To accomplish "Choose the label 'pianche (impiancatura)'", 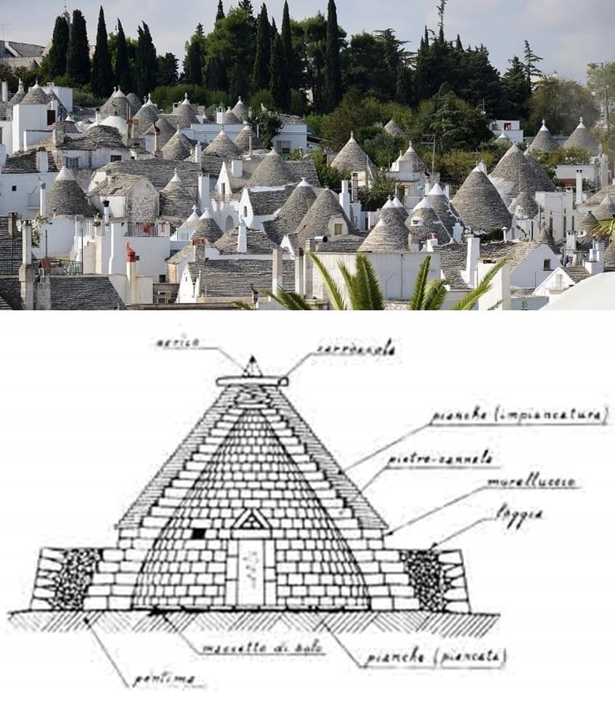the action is pos(518,416).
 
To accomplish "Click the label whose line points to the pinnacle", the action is pos(177,342).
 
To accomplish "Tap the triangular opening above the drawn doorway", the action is pos(251,520).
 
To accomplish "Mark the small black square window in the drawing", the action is pos(199,533).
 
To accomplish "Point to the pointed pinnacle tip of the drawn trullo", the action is pos(252,361).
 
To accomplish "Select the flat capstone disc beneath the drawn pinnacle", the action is pos(252,381).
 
